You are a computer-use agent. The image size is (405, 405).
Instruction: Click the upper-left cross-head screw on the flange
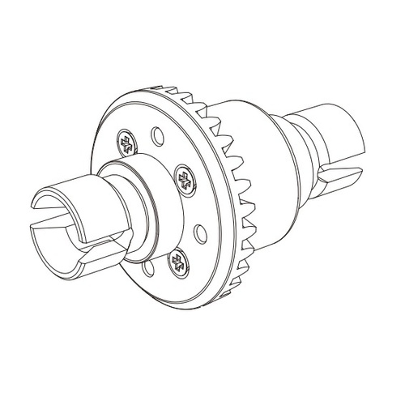tap(128, 143)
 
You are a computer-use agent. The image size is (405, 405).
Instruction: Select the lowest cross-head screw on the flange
tap(177, 262)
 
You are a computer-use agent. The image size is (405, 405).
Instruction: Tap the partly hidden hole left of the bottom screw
tap(145, 266)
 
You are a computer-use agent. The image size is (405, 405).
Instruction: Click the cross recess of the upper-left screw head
tap(128, 143)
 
